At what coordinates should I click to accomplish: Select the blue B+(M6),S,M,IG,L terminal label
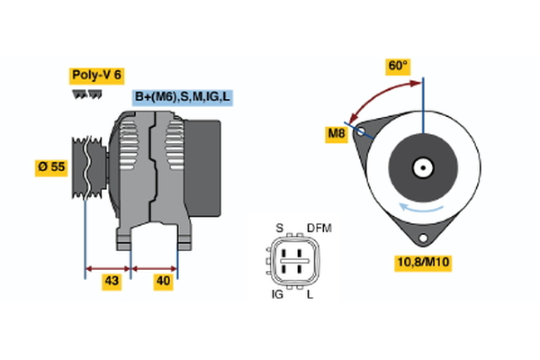(x=183, y=97)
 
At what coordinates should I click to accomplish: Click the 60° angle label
(x=398, y=66)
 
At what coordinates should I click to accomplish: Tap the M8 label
(x=337, y=134)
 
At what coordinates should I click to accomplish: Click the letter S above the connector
(x=279, y=228)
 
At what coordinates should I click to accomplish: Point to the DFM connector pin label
(x=319, y=228)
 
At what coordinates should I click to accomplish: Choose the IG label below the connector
(x=278, y=294)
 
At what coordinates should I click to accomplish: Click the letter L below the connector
(x=311, y=294)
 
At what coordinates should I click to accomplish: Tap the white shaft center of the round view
(x=422, y=166)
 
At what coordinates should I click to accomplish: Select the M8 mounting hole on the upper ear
(x=362, y=131)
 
